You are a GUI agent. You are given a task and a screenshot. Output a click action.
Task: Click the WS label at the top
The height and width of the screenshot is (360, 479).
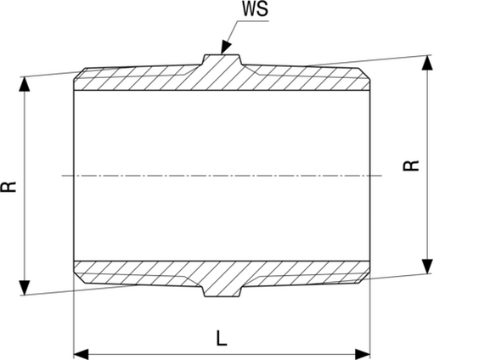[255, 8]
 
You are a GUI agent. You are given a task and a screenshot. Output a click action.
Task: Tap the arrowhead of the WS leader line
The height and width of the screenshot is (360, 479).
[225, 48]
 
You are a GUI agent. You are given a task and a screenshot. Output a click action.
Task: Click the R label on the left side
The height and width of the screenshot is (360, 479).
[8, 187]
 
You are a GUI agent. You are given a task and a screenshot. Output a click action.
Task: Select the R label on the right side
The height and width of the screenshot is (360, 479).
[411, 166]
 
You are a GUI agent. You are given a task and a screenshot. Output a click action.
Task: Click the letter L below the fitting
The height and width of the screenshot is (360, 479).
[222, 338]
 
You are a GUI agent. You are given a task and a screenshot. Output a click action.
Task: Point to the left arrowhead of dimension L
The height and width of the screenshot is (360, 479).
[82, 355]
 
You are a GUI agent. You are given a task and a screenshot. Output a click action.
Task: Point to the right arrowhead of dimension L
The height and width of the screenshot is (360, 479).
[363, 355]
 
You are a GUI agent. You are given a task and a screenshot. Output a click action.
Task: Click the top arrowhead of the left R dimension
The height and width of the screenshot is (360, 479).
[25, 84]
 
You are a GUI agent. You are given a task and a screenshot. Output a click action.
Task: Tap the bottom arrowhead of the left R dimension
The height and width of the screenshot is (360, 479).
[25, 288]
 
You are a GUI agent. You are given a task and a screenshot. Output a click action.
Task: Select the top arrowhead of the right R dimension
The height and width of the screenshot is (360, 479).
[427, 63]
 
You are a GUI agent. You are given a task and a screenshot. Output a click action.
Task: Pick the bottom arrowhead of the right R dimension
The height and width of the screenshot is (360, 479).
[427, 267]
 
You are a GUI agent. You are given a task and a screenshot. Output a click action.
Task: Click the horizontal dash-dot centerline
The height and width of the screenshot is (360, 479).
[222, 176]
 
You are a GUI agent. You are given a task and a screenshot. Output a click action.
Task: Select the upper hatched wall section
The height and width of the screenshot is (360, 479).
[222, 77]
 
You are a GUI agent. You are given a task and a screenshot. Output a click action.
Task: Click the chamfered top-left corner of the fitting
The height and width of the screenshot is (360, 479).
[80, 74]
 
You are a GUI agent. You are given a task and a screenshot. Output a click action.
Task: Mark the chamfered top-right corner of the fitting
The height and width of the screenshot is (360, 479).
[364, 74]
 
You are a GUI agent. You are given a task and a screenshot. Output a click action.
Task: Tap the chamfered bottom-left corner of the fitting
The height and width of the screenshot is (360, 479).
[80, 278]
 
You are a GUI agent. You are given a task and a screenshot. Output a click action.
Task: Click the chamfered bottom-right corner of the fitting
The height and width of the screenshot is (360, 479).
[364, 278]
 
